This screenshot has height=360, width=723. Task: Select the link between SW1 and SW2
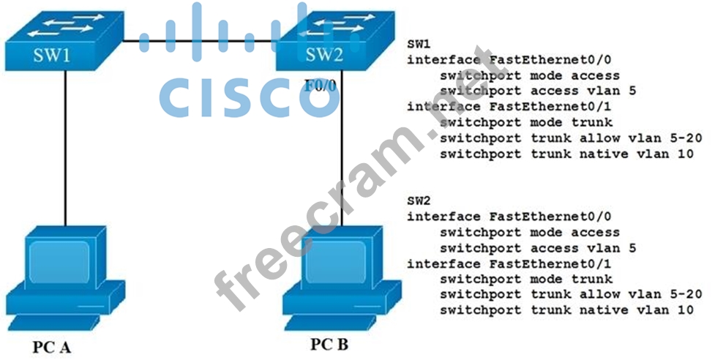(198, 41)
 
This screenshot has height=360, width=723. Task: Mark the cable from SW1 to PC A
(65, 146)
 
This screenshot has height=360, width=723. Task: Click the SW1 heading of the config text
(418, 44)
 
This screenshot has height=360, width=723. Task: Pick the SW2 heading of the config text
(418, 200)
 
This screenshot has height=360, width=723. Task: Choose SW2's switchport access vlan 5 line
(537, 247)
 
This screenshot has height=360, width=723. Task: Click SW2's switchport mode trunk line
(525, 279)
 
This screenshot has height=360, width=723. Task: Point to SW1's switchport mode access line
(529, 75)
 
